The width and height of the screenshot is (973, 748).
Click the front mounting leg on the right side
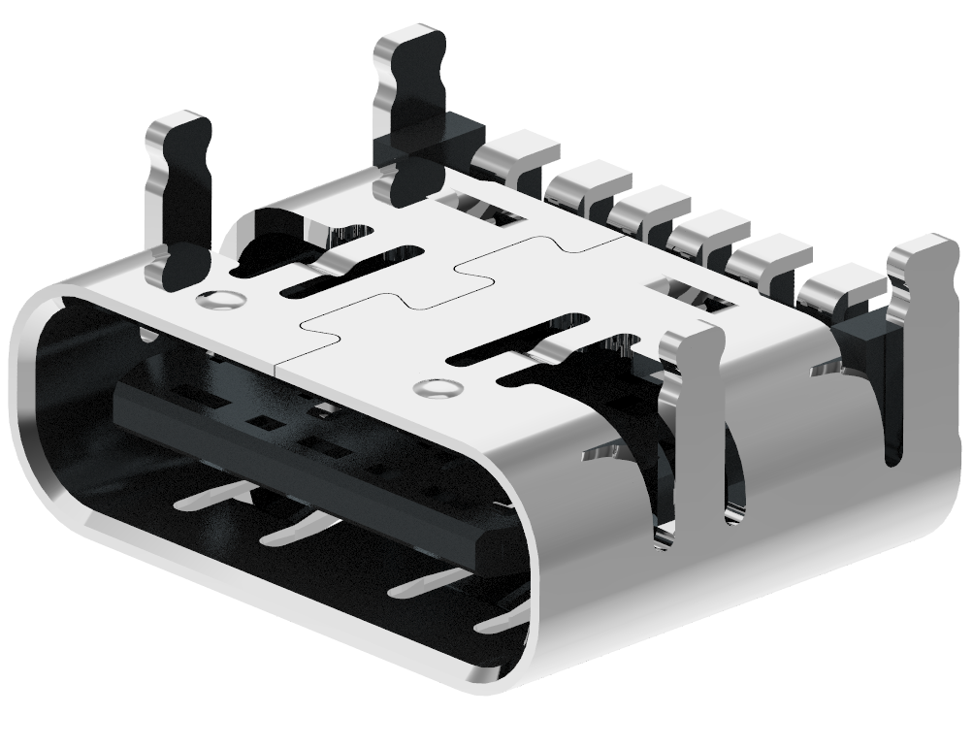click(691, 427)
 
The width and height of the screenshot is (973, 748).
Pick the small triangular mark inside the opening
click(250, 492)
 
